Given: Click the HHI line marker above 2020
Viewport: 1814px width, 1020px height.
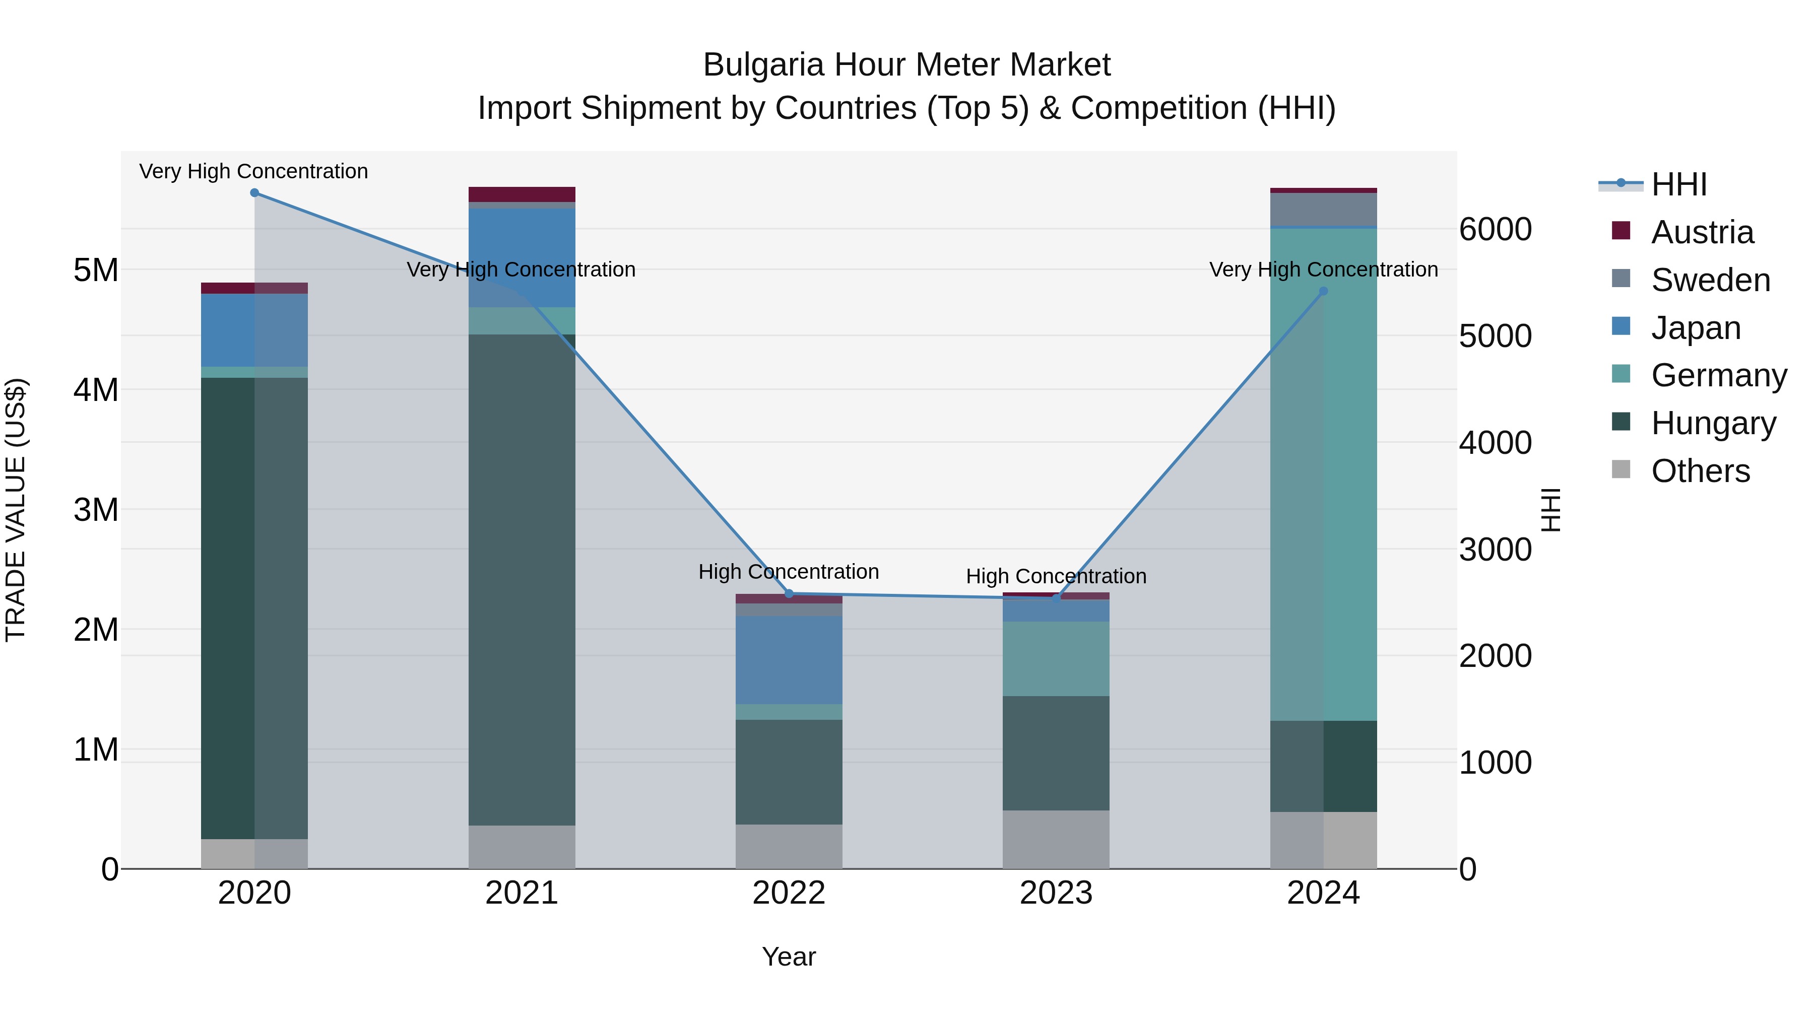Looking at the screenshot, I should (254, 193).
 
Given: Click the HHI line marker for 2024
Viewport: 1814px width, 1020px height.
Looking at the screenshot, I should (1323, 292).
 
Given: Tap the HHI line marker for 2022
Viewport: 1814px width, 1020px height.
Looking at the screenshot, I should (789, 593).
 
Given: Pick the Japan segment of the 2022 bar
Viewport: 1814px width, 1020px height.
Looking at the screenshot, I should (789, 659).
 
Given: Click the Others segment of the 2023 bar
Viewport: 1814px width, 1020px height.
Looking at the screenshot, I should (1056, 839).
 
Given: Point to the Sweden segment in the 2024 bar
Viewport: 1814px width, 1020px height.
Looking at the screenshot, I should (1323, 209).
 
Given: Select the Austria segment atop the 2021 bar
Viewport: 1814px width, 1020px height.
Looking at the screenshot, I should (522, 194).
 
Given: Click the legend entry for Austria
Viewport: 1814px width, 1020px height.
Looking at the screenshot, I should (1701, 232).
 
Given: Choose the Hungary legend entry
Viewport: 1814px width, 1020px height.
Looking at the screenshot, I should (1713, 423).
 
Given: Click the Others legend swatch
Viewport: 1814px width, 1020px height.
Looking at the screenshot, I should (1621, 469).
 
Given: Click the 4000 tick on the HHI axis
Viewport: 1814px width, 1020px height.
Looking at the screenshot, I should (1495, 443).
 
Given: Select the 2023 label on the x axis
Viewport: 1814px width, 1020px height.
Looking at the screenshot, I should (1056, 893).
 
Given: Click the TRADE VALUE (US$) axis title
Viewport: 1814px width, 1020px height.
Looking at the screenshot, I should (16, 510).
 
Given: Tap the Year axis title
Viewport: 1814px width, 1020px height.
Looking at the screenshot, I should (789, 957).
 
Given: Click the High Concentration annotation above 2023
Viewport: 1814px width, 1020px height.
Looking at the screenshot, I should (1056, 576).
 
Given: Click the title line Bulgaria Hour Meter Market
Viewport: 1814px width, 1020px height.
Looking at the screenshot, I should (906, 65).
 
